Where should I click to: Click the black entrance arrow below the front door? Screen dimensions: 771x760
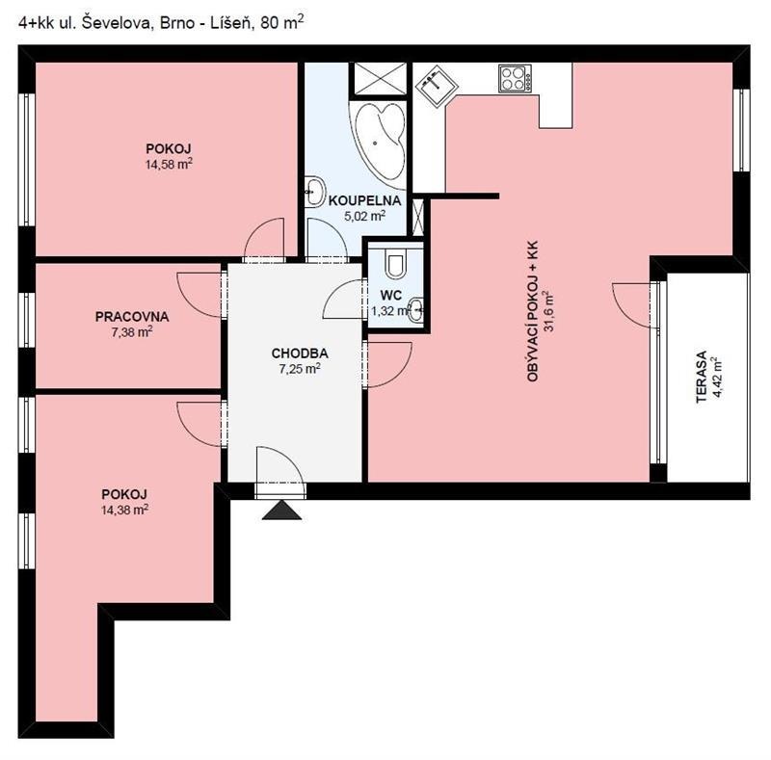[281, 511]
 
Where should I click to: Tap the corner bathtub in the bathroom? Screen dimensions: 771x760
[378, 141]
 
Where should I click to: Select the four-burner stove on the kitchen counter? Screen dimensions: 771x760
[515, 79]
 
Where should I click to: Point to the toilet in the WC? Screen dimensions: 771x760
[395, 264]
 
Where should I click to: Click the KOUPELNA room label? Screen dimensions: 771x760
[364, 200]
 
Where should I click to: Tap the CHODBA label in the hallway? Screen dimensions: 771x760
[300, 353]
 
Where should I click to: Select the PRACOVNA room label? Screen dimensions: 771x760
[132, 317]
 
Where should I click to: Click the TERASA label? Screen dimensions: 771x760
[702, 377]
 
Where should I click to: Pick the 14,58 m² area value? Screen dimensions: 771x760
[169, 164]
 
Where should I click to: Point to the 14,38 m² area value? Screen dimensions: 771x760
[125, 510]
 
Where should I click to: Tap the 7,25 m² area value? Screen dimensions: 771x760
[300, 368]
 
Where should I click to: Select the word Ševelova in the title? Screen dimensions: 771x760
[115, 23]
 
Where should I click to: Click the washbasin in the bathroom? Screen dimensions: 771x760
[315, 191]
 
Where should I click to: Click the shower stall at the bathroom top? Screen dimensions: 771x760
[381, 78]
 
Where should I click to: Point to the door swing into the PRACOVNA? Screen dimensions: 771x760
[199, 295]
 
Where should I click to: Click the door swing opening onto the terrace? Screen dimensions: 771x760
[634, 305]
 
